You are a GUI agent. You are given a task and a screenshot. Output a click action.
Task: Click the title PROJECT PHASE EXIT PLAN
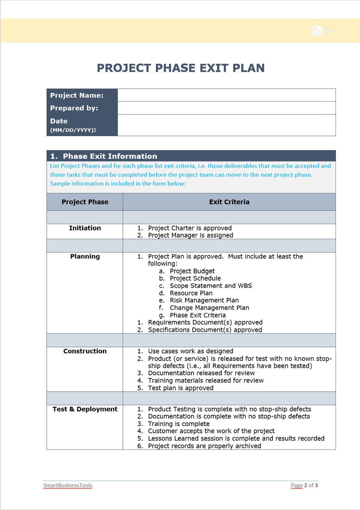coord(180,68)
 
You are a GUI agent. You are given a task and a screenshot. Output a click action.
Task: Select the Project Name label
coord(77,95)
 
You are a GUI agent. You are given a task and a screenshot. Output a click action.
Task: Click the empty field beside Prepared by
coord(226,108)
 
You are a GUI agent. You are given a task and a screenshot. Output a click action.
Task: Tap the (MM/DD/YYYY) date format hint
coord(73,130)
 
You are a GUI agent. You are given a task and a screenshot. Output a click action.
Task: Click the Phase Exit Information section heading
coord(110,156)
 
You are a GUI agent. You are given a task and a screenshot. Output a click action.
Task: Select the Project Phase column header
coord(85,202)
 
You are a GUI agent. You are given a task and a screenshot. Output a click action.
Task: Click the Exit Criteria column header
coord(229,202)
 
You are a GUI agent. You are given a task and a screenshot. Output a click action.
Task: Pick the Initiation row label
coord(85,228)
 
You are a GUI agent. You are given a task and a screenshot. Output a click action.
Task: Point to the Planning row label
coord(85,256)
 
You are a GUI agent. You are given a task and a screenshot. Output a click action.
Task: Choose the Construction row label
coord(85,351)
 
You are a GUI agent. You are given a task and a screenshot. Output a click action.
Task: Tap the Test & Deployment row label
coord(85,409)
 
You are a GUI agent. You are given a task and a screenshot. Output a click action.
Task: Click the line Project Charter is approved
coord(190,228)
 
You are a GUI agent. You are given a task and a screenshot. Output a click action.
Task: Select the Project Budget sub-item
coord(192,271)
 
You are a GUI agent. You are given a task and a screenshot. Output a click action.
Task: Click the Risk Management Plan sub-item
coord(204,300)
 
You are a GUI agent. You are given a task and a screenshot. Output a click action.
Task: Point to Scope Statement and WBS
coord(211,286)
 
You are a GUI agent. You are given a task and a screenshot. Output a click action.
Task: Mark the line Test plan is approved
coord(180,388)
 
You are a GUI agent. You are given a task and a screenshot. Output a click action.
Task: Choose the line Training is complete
coord(179,424)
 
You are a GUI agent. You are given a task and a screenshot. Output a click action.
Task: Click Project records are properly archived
coord(204,446)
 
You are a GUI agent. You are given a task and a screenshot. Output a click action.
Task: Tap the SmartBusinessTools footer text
coord(68,485)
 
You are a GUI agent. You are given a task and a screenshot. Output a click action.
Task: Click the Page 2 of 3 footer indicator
coord(304,485)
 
